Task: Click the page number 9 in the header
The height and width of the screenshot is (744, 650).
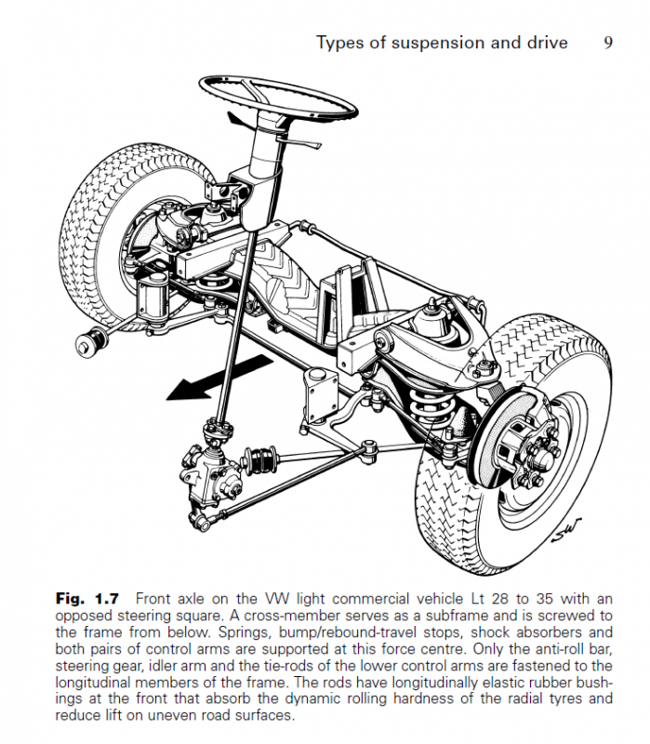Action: pos(607,43)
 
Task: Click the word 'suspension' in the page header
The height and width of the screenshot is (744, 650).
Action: pos(416,44)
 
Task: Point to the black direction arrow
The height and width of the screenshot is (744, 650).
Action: pos(199,382)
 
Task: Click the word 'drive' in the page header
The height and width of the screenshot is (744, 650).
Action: pos(543,43)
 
